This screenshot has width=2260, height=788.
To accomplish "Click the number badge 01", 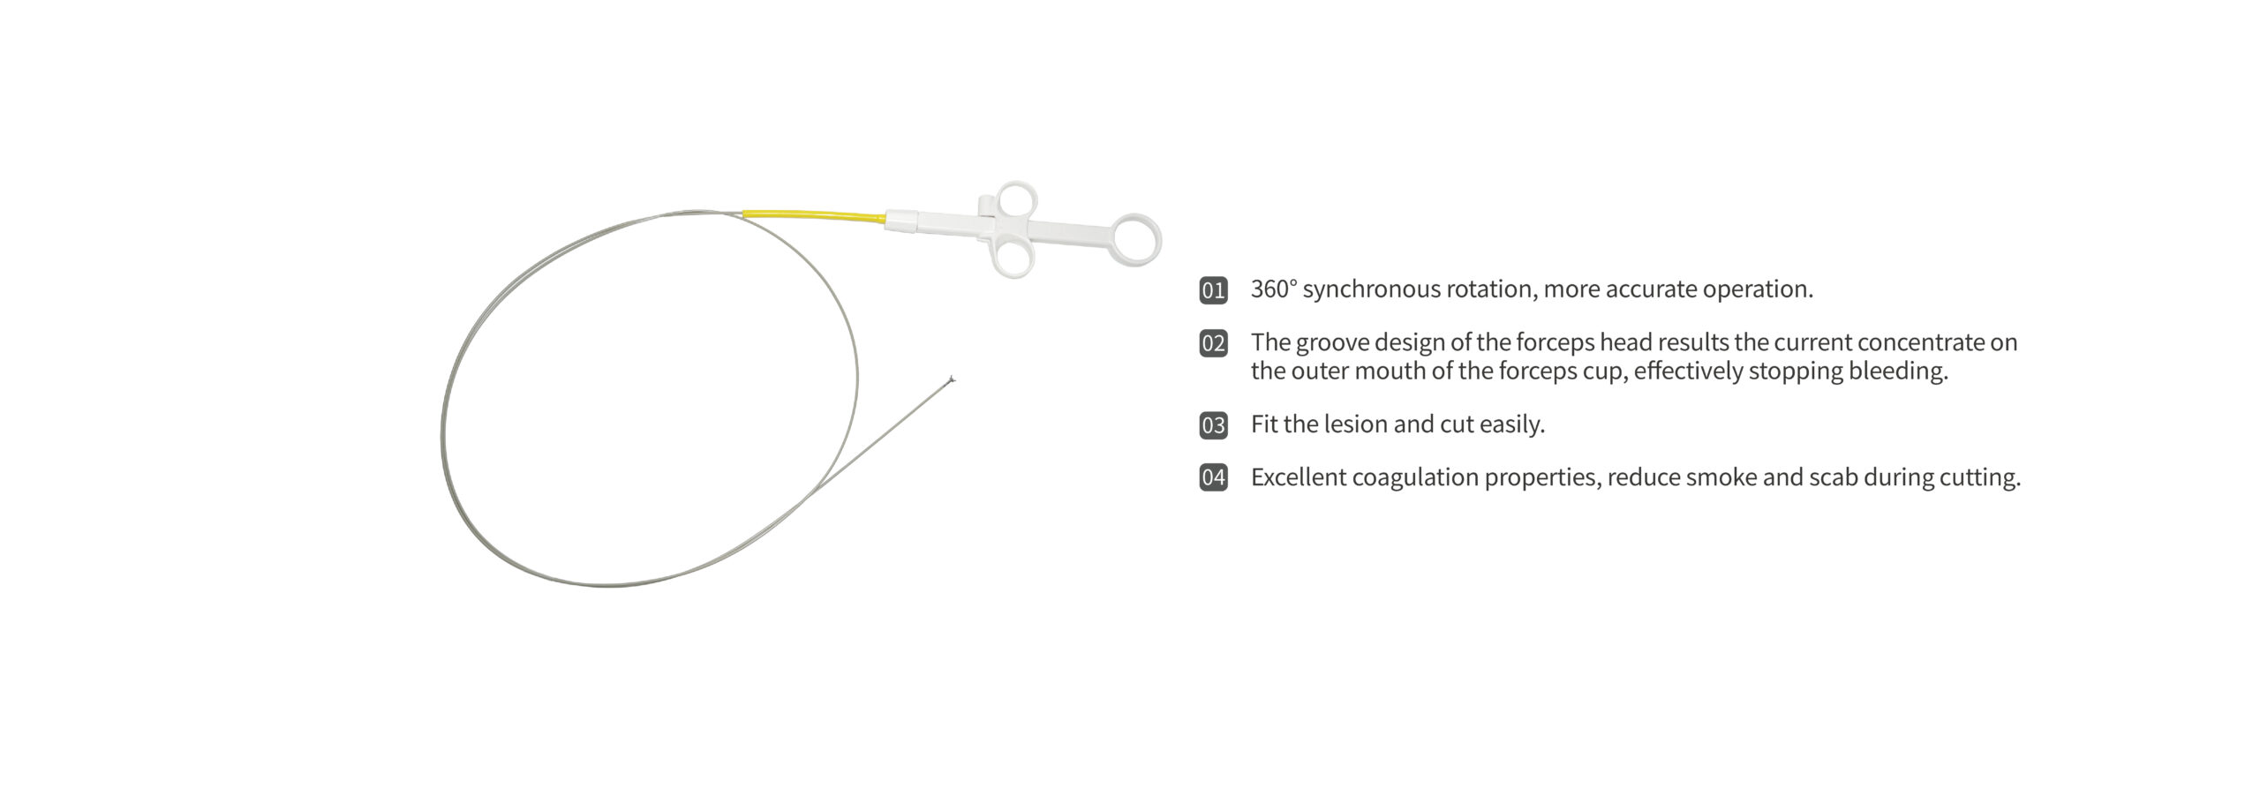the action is [1213, 290].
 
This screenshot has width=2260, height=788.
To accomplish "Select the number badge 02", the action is [1213, 343].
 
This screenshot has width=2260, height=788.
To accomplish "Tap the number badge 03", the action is [1213, 425].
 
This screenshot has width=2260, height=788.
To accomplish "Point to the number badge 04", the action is [1213, 478].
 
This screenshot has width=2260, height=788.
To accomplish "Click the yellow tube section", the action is [814, 214].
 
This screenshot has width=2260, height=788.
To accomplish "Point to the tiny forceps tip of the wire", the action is [950, 380].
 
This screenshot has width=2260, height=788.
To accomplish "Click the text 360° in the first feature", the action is [1274, 289].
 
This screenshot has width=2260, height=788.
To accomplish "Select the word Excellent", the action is [1298, 477].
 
